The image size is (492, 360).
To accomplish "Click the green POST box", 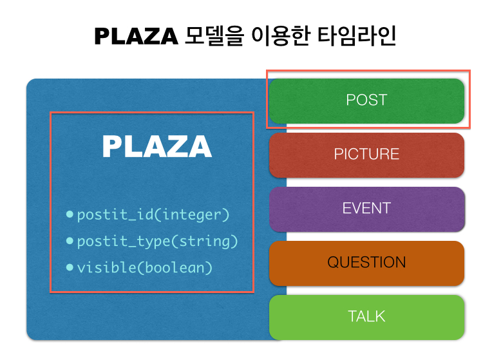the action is (366, 100).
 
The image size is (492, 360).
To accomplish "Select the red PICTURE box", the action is (366, 155).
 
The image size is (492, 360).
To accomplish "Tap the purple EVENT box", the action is (366, 209).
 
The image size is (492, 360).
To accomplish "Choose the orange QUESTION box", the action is (366, 263).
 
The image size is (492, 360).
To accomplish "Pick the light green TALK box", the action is (366, 317).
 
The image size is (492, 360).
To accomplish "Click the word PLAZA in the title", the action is (136, 37).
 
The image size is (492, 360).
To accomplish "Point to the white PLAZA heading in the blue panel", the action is (156, 147).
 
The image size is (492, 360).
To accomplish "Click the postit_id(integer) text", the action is (153, 214).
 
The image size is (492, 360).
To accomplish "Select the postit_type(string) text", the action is (157, 242).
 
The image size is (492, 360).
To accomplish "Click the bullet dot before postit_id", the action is (70, 214).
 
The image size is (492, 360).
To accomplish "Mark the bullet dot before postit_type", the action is (70, 240).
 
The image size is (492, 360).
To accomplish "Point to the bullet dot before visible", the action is (70, 266).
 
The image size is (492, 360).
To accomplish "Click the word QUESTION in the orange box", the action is (366, 263).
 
